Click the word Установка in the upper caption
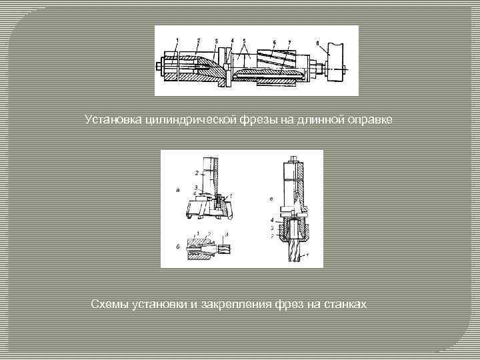(x=111, y=119)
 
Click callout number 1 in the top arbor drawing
(x=177, y=41)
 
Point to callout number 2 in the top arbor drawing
(x=198, y=41)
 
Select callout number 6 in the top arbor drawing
(x=274, y=41)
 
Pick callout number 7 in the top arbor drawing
(x=288, y=41)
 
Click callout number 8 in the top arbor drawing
(x=317, y=44)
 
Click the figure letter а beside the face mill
(x=177, y=191)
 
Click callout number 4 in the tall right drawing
(x=273, y=219)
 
